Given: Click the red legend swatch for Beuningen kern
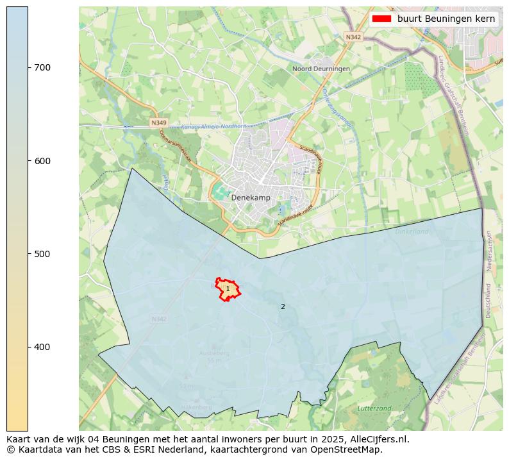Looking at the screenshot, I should pos(381,19).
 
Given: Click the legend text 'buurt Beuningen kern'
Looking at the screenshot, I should pos(446,19).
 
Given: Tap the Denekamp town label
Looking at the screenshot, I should pos(251,198).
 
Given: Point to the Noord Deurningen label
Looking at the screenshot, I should pos(321,69).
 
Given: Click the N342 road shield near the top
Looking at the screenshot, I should pos(353,37).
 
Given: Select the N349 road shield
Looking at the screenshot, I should pos(158,122).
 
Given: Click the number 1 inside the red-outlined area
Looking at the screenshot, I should pos(228,289).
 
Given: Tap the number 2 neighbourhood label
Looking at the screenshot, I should pos(283,306).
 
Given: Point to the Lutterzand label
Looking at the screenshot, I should pos(374,408).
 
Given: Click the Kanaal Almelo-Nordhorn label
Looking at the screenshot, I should pos(209,127).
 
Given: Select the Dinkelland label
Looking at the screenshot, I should pos(412,231).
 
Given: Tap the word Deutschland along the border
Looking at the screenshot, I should pos(488,301).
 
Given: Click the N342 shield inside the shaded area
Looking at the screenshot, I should pos(159,319).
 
